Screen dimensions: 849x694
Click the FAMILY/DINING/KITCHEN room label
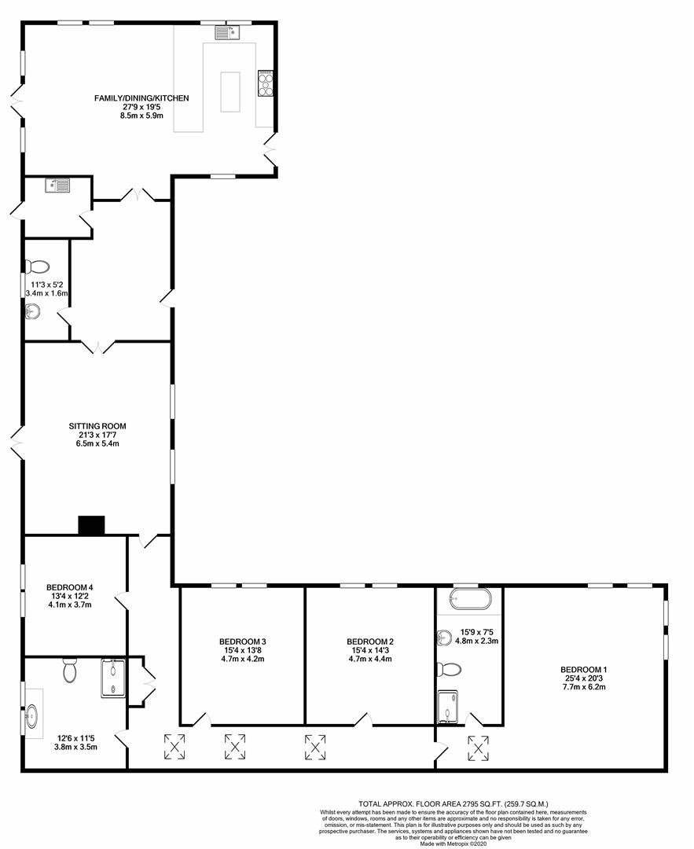141,97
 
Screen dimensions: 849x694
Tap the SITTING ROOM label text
97,426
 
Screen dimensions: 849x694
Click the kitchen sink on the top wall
229,33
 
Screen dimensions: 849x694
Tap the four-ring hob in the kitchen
265,83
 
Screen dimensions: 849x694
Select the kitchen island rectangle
230,91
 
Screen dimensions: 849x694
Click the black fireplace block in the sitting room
91,526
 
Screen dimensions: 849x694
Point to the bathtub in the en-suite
469,600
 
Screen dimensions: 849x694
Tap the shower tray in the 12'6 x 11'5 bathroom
112,678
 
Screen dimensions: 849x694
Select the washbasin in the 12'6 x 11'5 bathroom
33,716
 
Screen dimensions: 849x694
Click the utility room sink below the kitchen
58,186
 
